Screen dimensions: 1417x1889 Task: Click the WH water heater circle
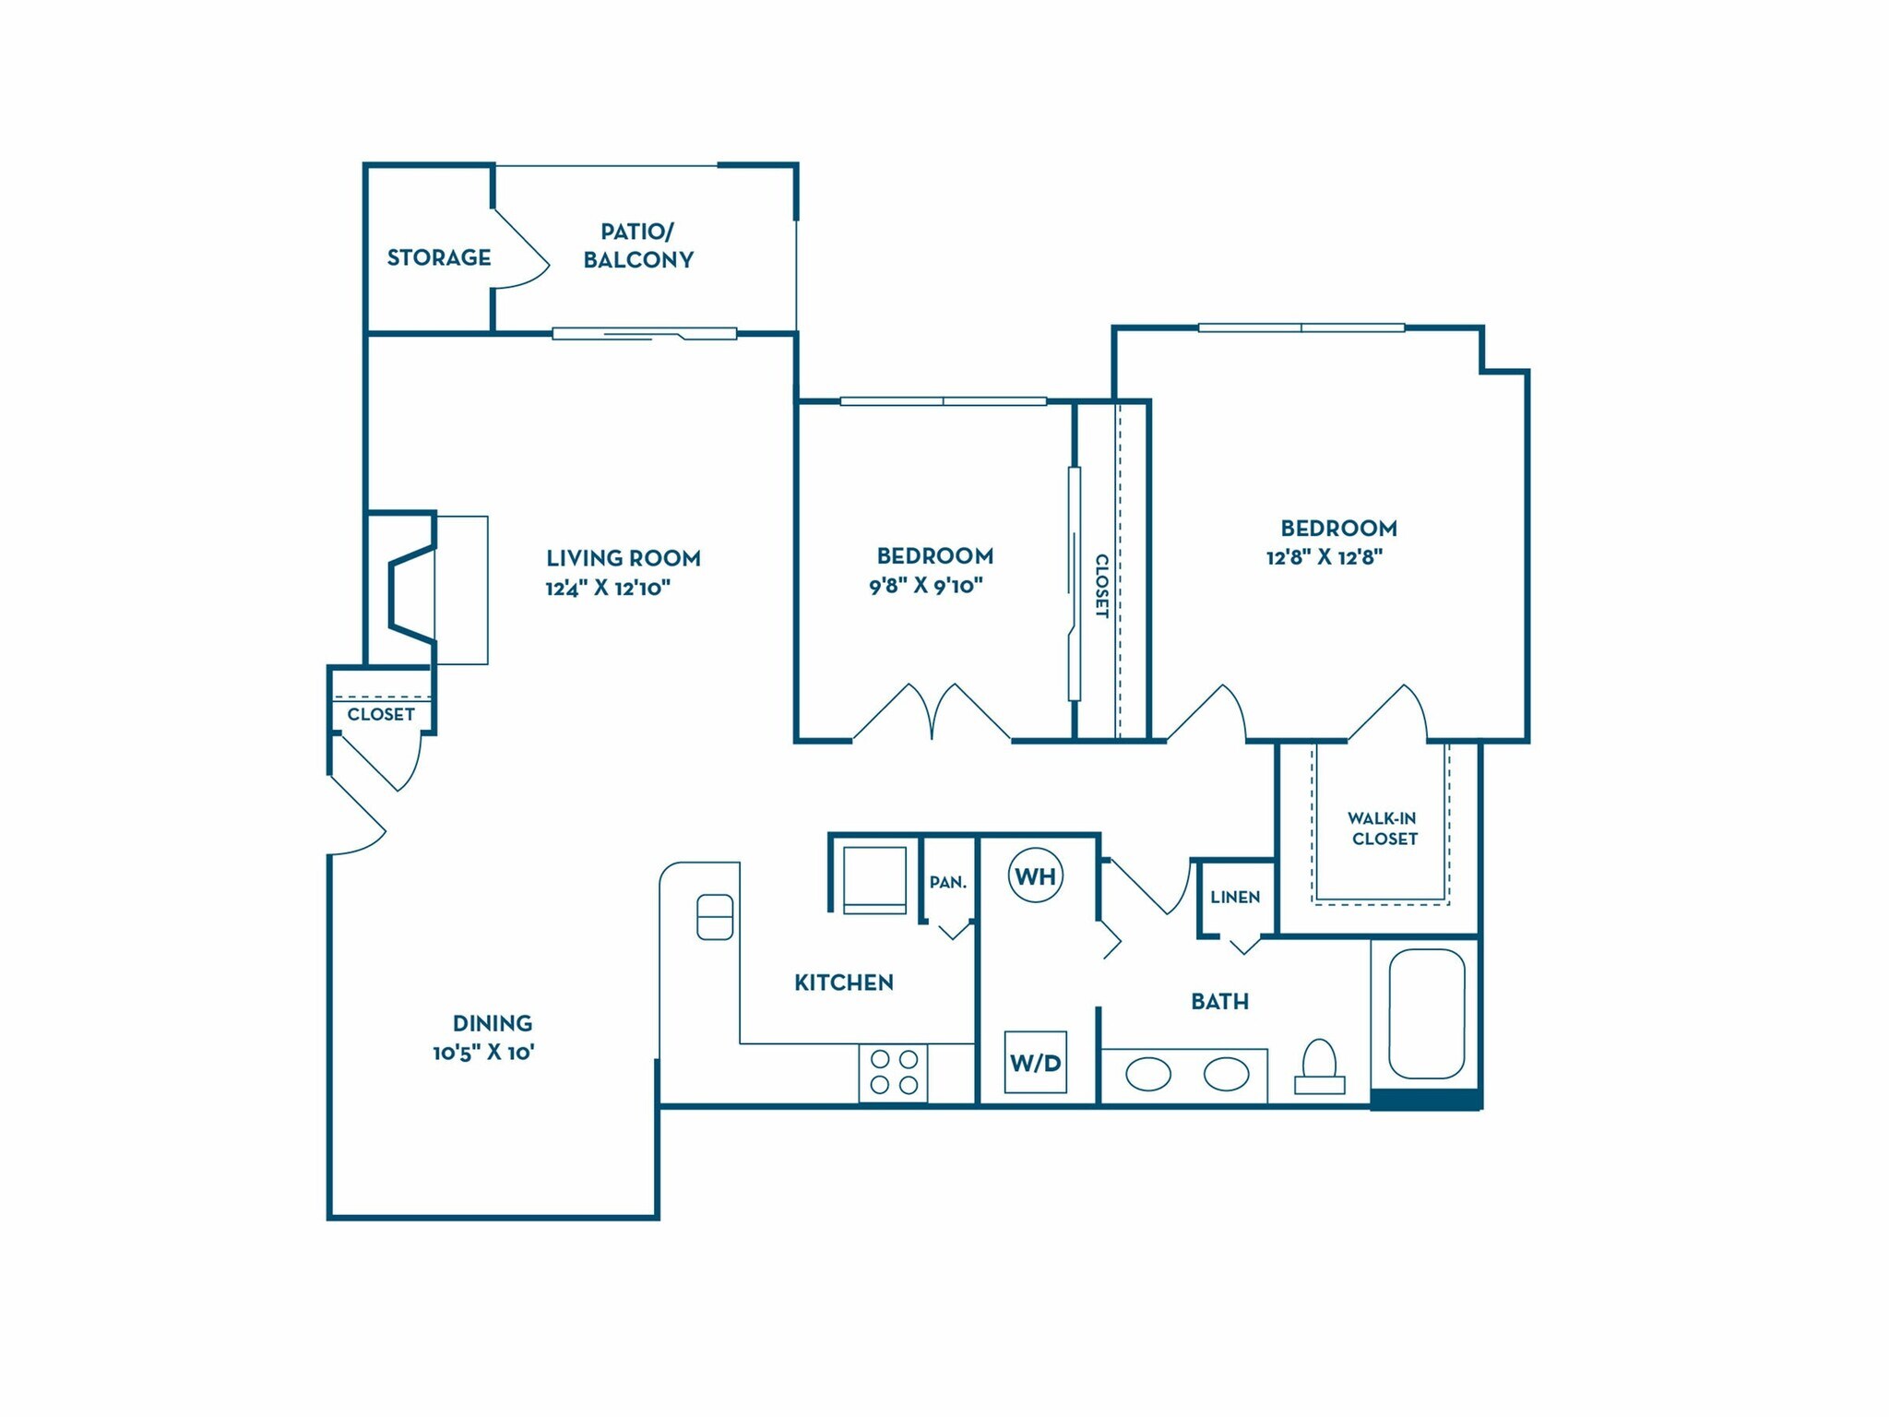[1035, 875]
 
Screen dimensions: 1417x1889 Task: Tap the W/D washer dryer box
[1035, 1063]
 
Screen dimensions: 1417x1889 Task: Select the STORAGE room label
[438, 257]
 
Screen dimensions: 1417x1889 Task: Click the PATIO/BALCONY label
[637, 245]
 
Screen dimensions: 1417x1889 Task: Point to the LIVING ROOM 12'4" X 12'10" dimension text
[608, 588]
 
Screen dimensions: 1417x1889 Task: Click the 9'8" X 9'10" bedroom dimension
[926, 586]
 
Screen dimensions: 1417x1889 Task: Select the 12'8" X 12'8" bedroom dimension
[1325, 557]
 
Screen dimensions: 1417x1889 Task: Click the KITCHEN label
[844, 982]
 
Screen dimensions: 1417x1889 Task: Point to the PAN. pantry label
[948, 883]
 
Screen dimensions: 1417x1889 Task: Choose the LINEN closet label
[1235, 897]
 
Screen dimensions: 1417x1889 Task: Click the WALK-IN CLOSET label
[1383, 828]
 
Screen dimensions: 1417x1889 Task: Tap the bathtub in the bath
[1426, 1013]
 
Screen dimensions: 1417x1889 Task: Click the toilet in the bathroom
[1320, 1066]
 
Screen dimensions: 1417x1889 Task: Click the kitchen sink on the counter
[715, 917]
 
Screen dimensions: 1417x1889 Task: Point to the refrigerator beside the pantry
[874, 878]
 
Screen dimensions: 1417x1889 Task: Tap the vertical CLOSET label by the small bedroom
[1101, 586]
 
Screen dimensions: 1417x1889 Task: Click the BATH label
[1219, 1002]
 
